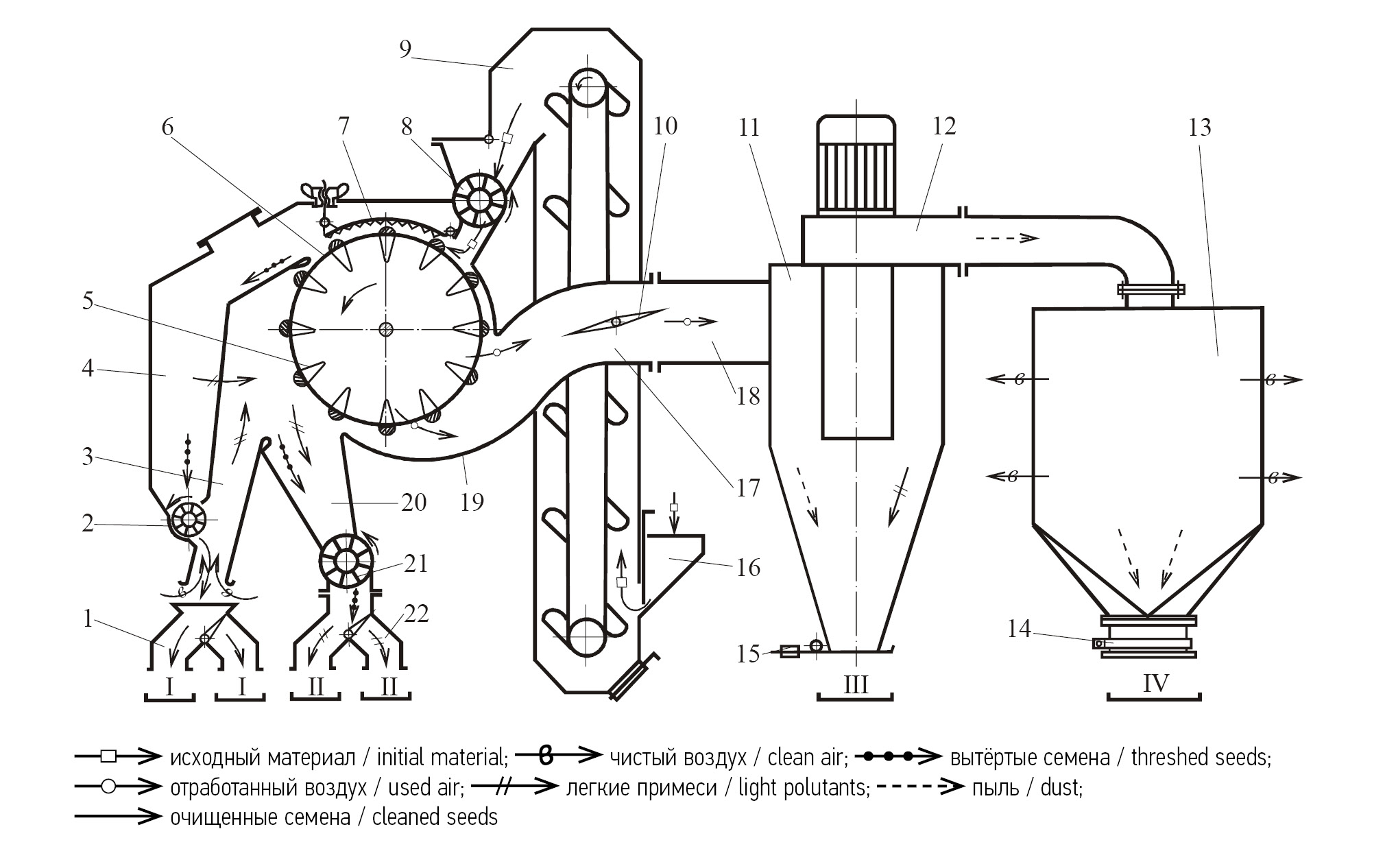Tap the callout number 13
point(1200,128)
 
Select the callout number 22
point(416,613)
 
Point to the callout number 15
point(748,654)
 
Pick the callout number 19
point(472,502)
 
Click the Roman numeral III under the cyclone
point(856,684)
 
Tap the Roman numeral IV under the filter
point(1155,683)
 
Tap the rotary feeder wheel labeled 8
point(479,200)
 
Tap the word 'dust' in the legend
point(1060,788)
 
